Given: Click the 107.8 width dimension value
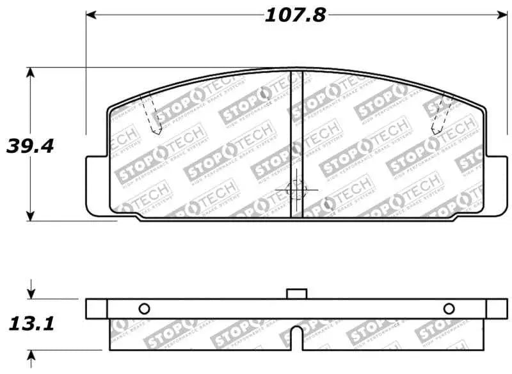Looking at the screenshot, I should coord(295,15).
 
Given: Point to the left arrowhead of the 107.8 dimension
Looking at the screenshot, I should coord(91,14).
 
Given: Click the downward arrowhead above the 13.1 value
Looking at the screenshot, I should coord(30,293).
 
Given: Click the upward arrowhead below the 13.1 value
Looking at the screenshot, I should coord(30,355).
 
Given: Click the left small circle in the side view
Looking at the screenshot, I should coord(144,308).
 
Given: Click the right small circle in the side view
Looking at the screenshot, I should coord(449,308).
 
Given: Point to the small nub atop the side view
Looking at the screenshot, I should coord(296,293).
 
